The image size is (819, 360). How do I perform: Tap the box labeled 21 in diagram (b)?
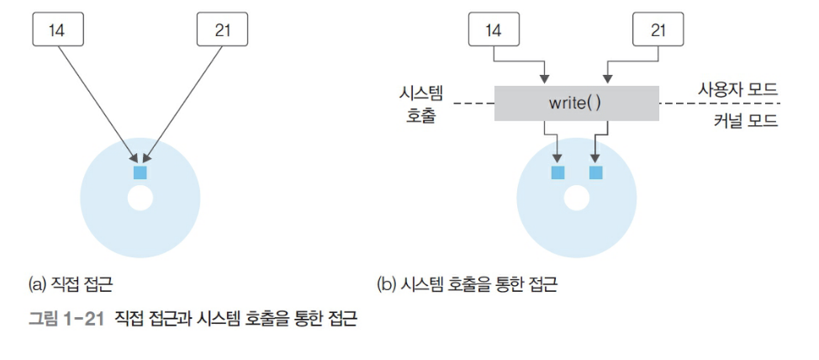tap(657, 31)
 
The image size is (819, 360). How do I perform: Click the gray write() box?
tap(576, 103)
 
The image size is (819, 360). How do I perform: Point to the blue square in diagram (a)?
tap(140, 172)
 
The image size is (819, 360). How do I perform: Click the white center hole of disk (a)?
tap(140, 199)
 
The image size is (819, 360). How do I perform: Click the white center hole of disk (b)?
tap(576, 199)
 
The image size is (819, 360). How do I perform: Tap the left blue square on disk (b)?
tap(557, 172)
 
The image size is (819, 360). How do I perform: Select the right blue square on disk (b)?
tap(596, 172)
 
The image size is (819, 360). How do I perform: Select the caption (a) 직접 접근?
tap(77, 285)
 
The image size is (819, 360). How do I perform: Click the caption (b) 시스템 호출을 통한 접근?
tap(467, 285)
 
